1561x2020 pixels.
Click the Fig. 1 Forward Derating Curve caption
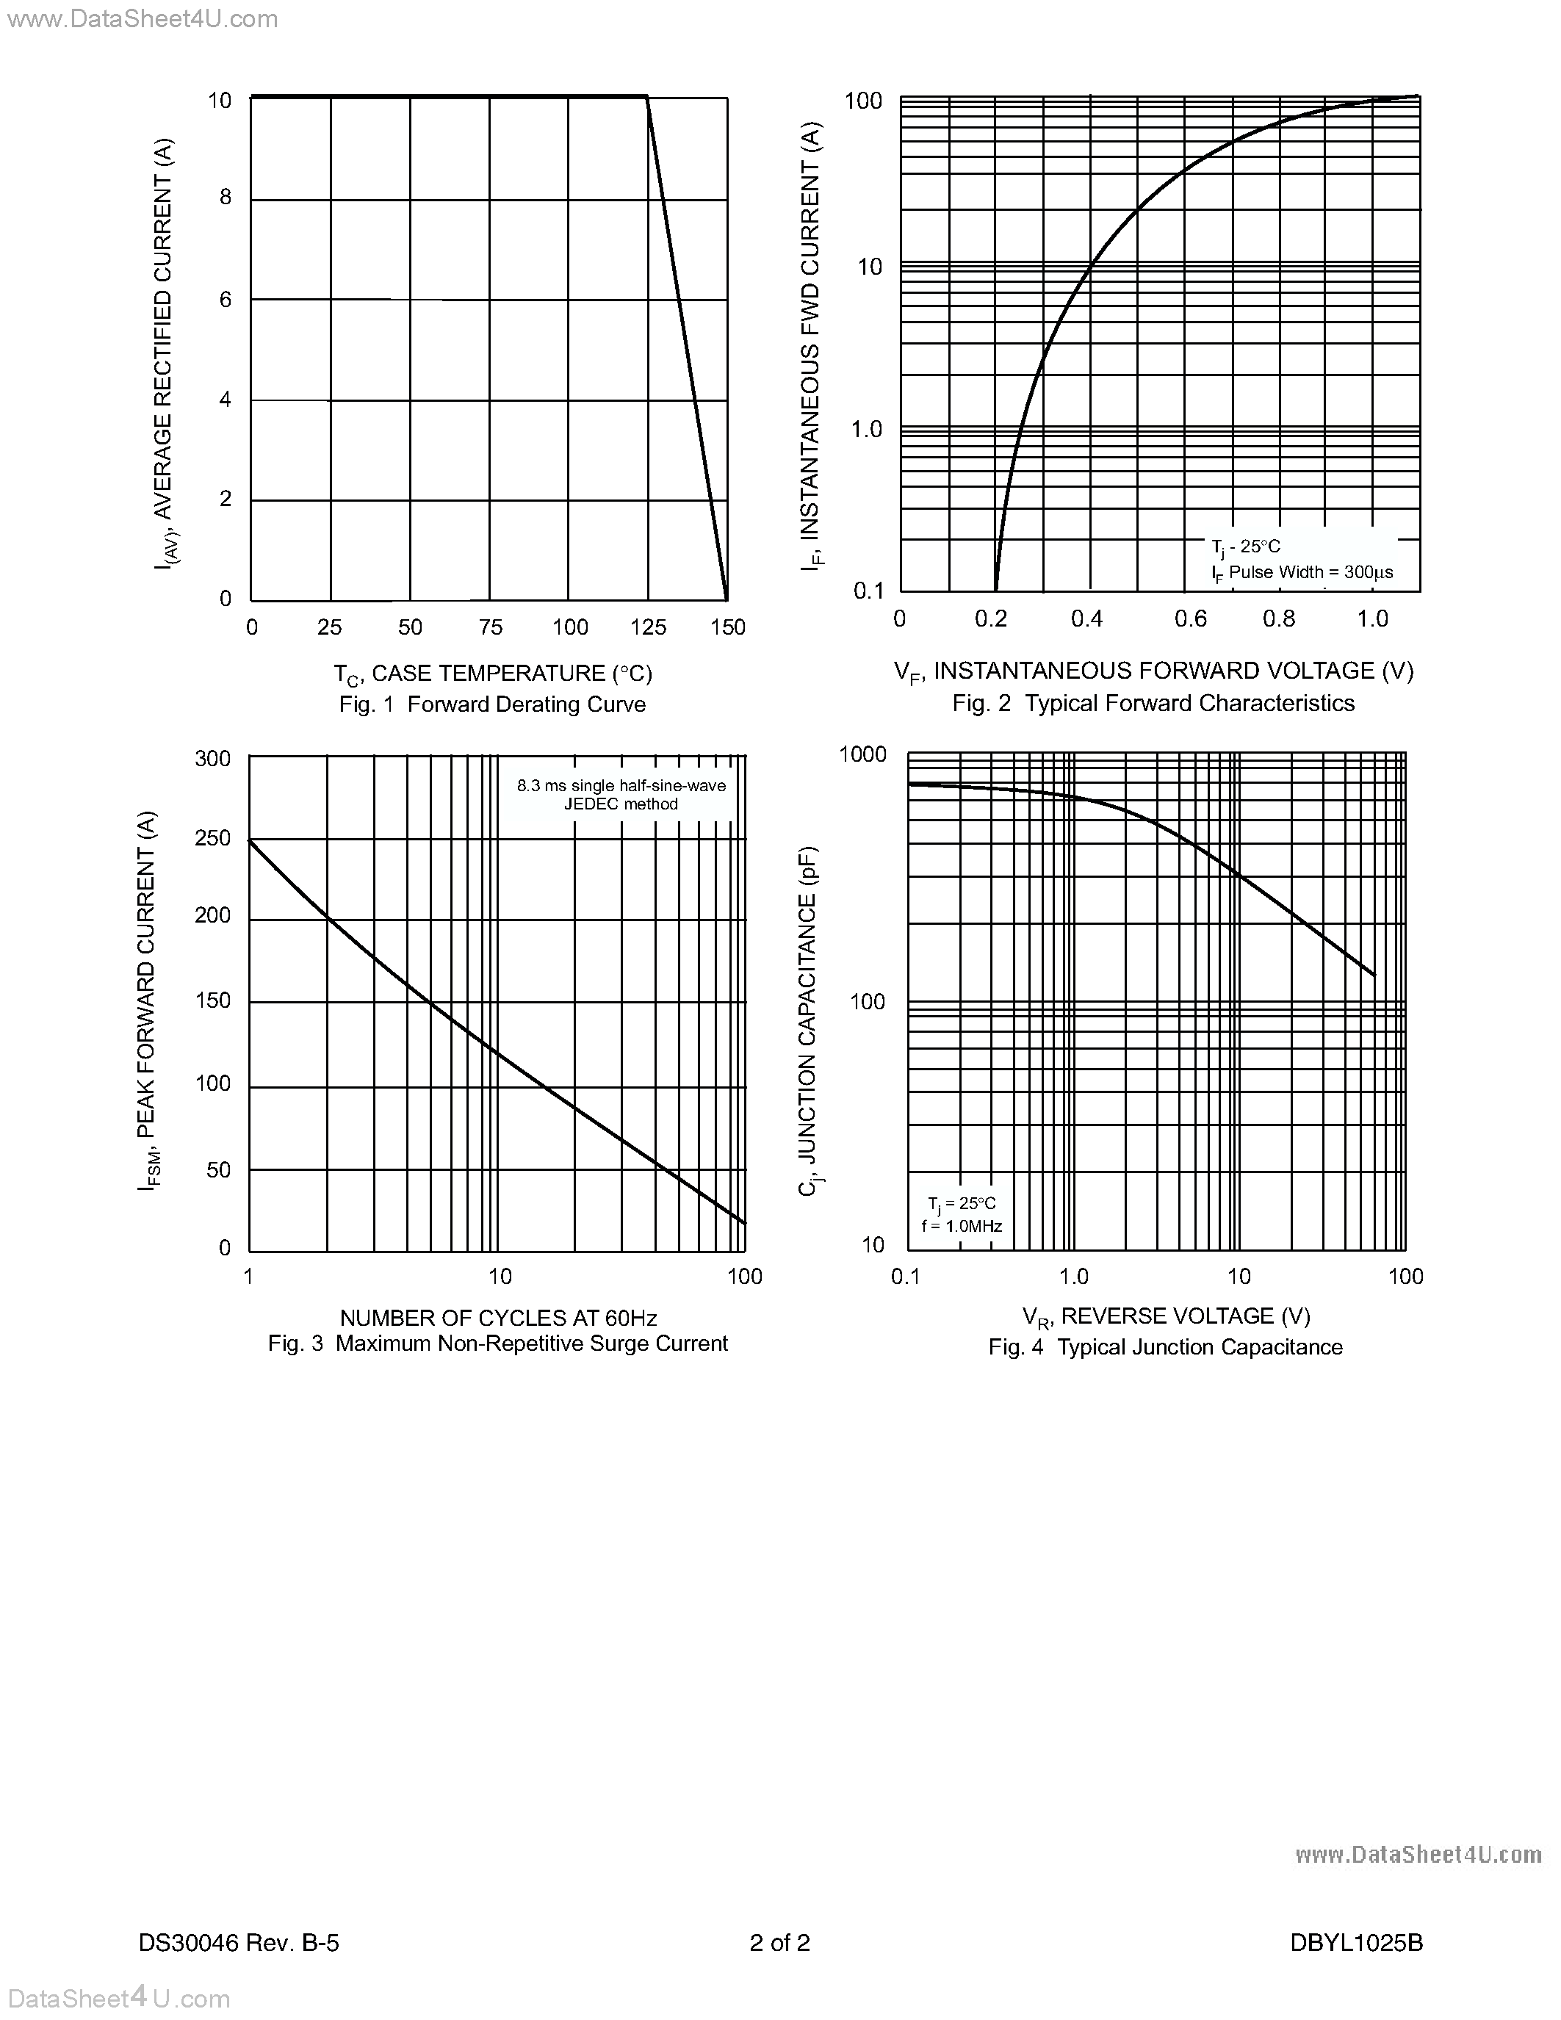tap(492, 704)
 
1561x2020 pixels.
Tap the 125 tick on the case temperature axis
tap(648, 627)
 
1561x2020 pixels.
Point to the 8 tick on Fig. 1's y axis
tap(225, 197)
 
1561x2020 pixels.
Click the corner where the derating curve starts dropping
tap(646, 97)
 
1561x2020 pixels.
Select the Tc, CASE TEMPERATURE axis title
tap(492, 674)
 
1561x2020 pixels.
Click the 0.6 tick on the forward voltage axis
tap(1190, 618)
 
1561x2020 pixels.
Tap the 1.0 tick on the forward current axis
tap(867, 429)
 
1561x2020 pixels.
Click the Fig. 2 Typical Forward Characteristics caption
tap(1153, 704)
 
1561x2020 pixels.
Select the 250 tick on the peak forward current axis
tap(213, 838)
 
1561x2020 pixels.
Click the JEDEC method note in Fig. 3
tap(621, 804)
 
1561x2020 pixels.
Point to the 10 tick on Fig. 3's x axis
tap(500, 1277)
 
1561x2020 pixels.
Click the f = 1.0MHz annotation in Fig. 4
tap(962, 1227)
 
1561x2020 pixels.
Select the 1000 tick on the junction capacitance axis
tap(862, 754)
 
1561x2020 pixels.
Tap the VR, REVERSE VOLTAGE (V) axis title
tap(1165, 1316)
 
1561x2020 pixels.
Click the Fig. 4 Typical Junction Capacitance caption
tap(1165, 1348)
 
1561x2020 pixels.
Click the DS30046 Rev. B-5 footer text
tap(239, 1943)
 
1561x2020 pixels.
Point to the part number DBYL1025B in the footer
tap(1356, 1943)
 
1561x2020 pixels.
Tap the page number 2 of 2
tap(779, 1943)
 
